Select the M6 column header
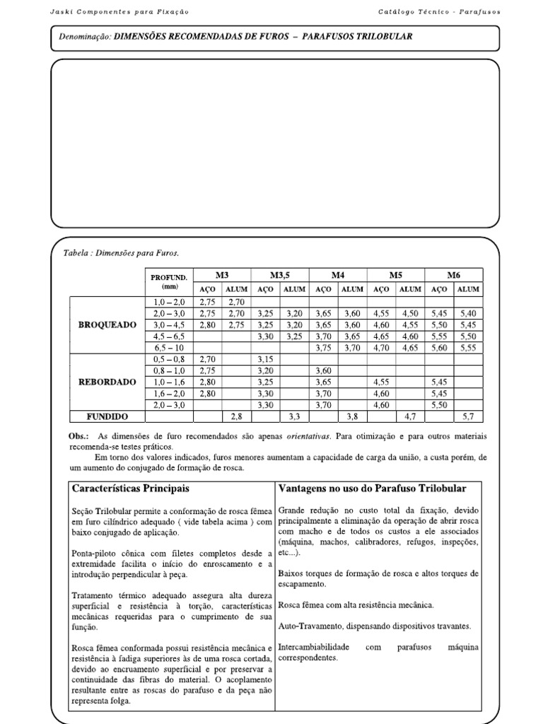[453, 275]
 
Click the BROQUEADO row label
[108, 325]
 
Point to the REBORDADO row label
[108, 382]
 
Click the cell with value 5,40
[467, 313]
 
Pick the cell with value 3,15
[265, 359]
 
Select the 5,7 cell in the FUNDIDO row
[467, 417]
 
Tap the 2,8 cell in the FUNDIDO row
[235, 417]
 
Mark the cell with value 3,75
[323, 348]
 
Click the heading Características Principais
[130, 489]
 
